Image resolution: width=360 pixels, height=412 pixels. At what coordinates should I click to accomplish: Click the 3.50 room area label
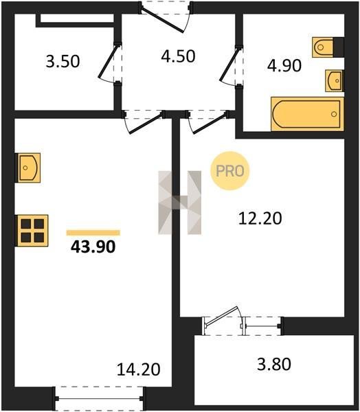click(63, 62)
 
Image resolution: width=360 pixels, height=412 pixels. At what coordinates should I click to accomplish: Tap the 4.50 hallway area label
click(178, 56)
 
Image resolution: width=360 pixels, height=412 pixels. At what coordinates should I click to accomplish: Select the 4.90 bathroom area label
click(284, 65)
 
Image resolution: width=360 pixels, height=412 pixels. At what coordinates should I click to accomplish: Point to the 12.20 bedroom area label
click(260, 218)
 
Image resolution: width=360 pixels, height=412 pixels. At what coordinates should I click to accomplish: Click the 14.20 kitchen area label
click(138, 369)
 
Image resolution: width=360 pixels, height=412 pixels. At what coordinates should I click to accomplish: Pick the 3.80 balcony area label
click(274, 364)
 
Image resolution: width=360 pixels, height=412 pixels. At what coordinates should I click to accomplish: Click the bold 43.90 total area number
click(93, 247)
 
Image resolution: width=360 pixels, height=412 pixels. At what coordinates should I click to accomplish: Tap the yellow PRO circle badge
click(229, 171)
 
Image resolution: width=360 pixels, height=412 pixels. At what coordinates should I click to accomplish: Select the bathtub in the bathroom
click(307, 114)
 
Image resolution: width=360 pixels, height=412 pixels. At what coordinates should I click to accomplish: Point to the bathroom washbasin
click(334, 80)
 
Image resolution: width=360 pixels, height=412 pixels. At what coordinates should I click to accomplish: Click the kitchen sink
click(27, 168)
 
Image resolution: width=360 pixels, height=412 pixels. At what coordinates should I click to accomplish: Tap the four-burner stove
click(32, 231)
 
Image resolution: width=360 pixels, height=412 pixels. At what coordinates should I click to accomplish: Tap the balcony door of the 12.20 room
click(223, 318)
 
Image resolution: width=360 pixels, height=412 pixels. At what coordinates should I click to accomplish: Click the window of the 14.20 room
click(99, 398)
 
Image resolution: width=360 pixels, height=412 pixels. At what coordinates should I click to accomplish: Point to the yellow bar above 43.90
click(93, 233)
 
